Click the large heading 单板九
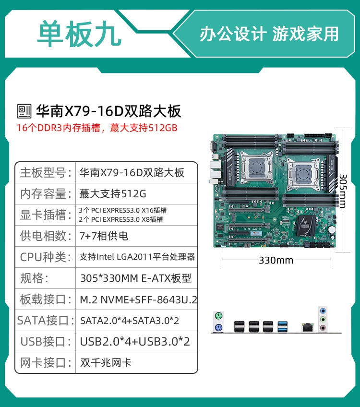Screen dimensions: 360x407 [79, 34]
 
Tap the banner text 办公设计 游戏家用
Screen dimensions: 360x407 [269, 34]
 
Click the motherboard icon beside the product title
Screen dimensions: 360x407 [24, 111]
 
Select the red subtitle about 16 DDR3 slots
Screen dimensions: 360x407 [97, 128]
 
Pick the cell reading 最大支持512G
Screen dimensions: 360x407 [113, 193]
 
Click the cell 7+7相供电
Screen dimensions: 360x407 [104, 236]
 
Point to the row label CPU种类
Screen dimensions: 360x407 [46, 257]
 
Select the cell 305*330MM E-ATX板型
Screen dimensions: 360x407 [136, 278]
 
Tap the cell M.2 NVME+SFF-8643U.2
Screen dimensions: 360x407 [138, 299]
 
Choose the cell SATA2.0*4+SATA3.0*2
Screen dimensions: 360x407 [130, 321]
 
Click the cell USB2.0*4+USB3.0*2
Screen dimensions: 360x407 [135, 342]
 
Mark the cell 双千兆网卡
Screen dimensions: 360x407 [106, 363]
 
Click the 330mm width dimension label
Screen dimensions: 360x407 [276, 260]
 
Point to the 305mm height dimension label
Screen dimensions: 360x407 [343, 191]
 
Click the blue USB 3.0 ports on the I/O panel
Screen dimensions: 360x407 [282, 327]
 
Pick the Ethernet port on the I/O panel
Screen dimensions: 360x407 [308, 328]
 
